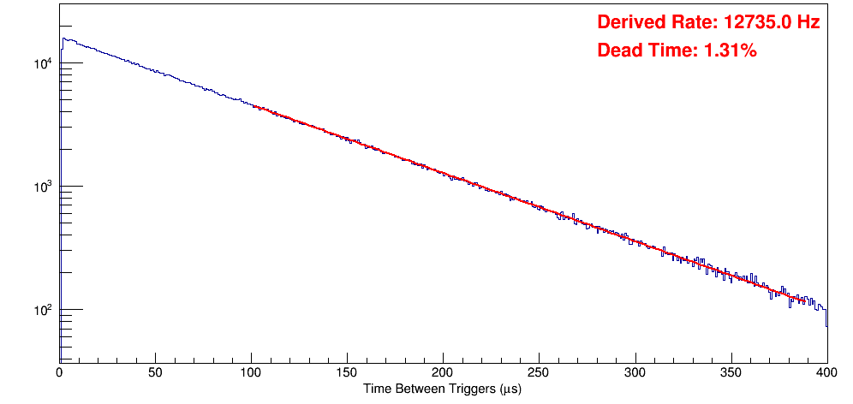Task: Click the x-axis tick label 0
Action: pos(59,372)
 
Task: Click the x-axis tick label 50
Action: pos(155,372)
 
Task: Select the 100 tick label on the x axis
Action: pos(251,372)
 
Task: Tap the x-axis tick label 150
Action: pos(347,372)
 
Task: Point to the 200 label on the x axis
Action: pos(443,372)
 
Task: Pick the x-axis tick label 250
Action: pos(539,372)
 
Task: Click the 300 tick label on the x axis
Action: pos(635,372)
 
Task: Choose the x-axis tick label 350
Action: pos(731,372)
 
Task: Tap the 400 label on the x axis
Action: pos(826,372)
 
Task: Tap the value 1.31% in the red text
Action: pos(730,51)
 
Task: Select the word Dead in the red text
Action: pos(617,51)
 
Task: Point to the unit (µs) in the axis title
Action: pos(506,389)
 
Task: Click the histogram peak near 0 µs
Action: pos(63,39)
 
